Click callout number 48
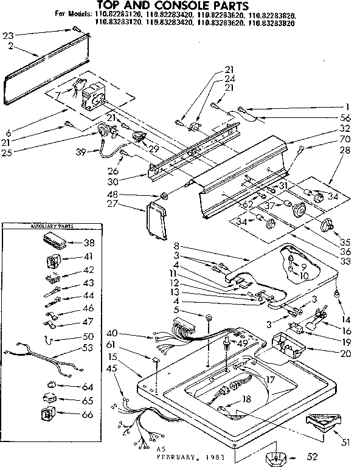(146, 195)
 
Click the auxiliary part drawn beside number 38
(54, 240)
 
